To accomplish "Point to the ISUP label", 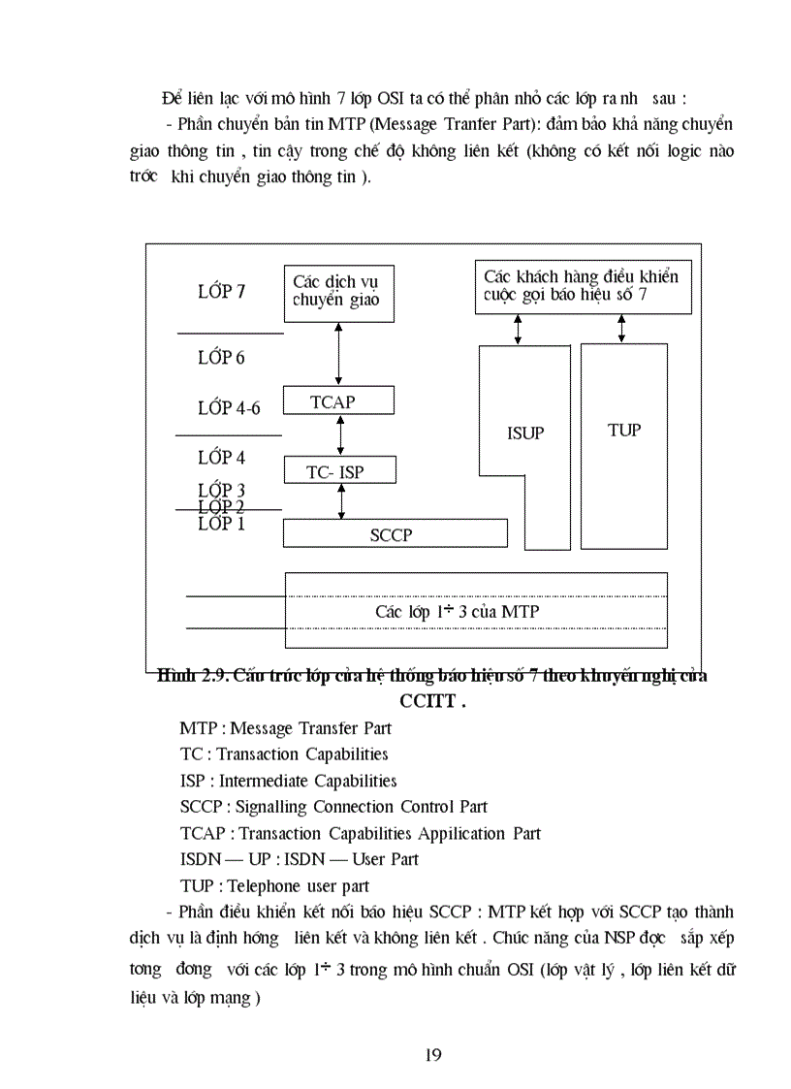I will click(x=525, y=433).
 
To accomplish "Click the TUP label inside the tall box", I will click(x=624, y=430).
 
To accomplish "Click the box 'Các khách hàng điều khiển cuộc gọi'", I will click(x=584, y=286).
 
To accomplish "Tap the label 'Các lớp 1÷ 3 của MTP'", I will click(x=457, y=612).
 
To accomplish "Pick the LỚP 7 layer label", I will click(x=221, y=291).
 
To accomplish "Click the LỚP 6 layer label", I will click(x=221, y=358).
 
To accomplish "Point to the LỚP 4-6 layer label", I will click(x=229, y=407).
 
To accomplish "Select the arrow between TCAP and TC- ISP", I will click(x=339, y=435).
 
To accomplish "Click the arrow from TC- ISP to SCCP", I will click(x=339, y=501).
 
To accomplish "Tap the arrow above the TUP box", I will click(x=622, y=329).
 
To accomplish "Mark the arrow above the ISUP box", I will click(x=519, y=329).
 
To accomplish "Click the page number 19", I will click(x=433, y=1055).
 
